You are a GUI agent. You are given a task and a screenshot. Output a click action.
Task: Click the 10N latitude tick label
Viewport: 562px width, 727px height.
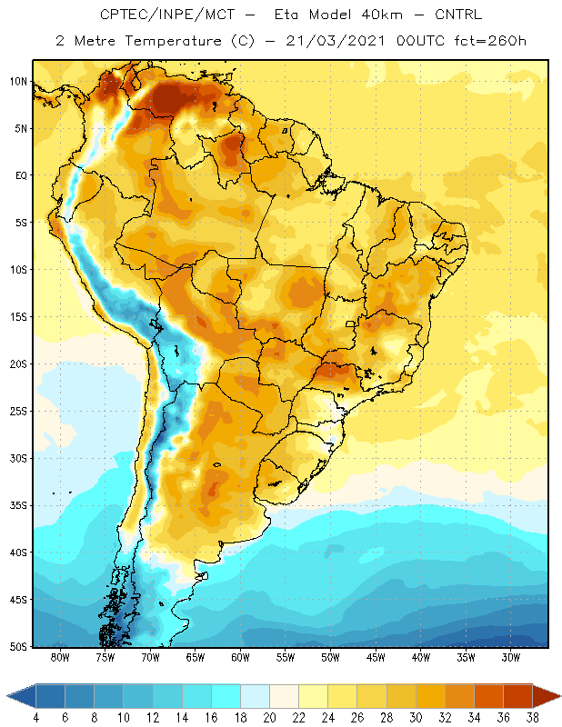pos(18,82)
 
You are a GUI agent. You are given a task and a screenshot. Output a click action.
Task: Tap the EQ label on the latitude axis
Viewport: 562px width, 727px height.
pos(21,175)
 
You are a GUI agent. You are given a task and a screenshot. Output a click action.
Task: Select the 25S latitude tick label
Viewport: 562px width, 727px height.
pos(18,412)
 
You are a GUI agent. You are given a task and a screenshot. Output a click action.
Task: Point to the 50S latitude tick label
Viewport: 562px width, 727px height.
pos(18,647)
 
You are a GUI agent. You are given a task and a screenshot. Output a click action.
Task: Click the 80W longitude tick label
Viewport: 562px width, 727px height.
pos(60,657)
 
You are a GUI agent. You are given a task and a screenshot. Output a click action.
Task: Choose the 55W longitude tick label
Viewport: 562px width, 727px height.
pos(286,657)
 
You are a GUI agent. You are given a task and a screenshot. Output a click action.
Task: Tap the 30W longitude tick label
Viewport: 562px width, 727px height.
pos(511,657)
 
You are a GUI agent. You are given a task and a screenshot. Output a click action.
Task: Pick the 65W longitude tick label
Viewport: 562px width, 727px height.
pos(196,657)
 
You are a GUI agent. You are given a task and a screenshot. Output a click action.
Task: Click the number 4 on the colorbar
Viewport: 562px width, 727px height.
pos(35,718)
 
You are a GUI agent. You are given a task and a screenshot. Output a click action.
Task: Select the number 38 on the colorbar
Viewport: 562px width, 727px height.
pos(532,718)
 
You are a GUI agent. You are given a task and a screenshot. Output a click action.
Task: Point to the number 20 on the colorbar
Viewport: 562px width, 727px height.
pos(269,718)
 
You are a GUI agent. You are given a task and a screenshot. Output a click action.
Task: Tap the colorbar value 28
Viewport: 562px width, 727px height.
pos(386,718)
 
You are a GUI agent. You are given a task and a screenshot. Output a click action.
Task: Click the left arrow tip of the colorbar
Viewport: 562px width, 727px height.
pos(7,696)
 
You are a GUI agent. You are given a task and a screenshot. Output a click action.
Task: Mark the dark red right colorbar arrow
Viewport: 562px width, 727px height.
pos(547,696)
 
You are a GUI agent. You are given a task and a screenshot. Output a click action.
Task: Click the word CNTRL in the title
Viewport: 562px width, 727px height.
pos(458,15)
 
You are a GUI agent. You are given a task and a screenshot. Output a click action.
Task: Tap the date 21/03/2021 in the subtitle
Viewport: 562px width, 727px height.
pos(335,41)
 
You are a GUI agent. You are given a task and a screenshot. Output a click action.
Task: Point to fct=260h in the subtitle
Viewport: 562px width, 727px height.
pos(490,41)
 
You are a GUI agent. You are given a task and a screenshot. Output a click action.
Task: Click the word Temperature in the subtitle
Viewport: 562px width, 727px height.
pos(173,41)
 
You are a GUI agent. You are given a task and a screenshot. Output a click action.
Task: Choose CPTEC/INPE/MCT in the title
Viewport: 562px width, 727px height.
pos(167,15)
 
